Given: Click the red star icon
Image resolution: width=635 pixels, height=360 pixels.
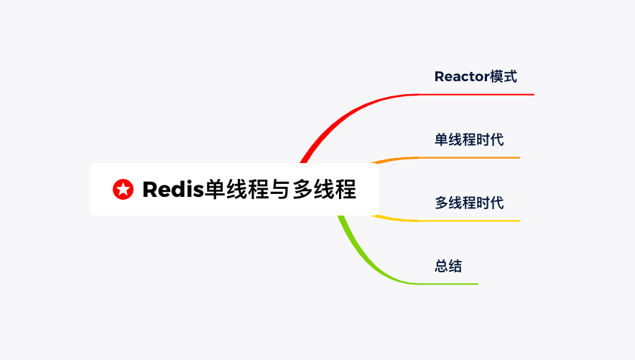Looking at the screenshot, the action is point(123,189).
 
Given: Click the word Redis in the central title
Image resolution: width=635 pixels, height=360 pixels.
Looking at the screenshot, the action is point(173,189).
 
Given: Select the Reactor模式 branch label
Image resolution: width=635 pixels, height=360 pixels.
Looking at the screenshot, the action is point(476,77).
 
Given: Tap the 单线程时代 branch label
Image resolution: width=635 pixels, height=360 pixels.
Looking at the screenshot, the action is point(469,139).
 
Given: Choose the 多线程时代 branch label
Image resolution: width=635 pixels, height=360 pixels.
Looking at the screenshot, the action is point(469,203).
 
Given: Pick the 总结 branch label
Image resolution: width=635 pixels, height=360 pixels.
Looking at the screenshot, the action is point(448,266).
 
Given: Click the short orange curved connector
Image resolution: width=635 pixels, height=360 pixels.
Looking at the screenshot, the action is point(395,159).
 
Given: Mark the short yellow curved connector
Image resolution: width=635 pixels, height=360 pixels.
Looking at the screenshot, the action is point(395,219).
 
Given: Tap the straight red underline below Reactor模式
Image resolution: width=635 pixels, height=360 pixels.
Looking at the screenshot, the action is point(477,94).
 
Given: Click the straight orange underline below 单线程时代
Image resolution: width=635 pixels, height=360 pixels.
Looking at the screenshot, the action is point(469,157).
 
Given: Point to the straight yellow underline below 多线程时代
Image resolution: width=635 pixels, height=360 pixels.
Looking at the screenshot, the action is point(469,221).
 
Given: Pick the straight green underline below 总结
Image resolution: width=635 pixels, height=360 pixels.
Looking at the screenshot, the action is point(448,284).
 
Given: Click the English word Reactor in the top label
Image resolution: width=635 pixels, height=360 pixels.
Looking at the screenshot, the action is point(462,77).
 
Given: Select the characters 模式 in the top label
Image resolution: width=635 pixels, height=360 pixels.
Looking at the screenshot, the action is point(504,77).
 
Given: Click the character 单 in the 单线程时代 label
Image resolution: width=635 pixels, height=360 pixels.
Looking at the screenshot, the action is point(442,139).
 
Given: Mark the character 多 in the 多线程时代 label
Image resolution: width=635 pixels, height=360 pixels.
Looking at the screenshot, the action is point(442,203).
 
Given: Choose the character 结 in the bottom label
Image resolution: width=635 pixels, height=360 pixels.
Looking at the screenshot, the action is point(455,266).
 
